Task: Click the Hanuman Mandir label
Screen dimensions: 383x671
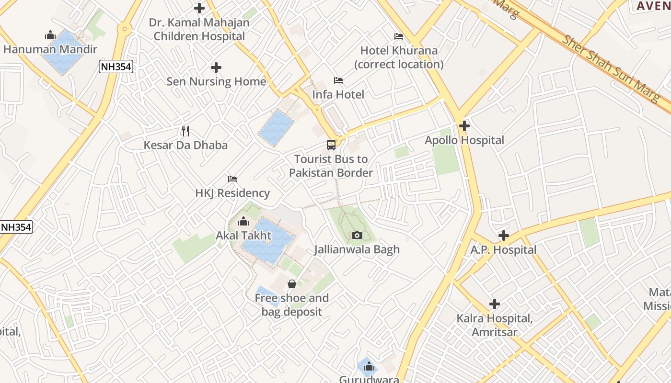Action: [50, 49]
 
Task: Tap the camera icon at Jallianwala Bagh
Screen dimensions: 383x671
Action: [357, 235]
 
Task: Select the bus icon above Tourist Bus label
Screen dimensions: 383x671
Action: [331, 145]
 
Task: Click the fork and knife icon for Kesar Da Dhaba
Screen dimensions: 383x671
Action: [186, 131]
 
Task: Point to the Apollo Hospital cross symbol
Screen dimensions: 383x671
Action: [464, 126]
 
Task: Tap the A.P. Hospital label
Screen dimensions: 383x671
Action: [503, 250]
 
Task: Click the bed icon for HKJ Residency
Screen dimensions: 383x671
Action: [232, 179]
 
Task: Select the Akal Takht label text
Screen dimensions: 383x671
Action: [243, 236]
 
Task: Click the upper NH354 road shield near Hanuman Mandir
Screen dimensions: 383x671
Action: [116, 67]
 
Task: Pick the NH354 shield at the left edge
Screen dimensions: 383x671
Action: [16, 227]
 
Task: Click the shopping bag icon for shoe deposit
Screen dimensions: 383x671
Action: [291, 284]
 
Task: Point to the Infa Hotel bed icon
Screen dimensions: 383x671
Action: [338, 80]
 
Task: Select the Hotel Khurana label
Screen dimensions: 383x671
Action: [399, 57]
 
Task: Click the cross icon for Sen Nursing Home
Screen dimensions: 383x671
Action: [216, 68]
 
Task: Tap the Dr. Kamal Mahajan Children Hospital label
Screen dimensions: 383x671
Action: [199, 29]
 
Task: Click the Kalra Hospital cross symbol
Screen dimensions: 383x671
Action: [494, 304]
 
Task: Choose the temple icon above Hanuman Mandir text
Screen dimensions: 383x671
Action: [50, 35]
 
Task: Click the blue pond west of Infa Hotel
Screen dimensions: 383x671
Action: [276, 127]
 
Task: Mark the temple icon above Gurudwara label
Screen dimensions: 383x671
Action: [369, 367]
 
